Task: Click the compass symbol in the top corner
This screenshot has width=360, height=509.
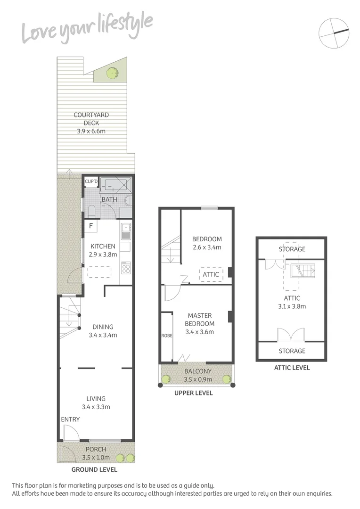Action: [x=334, y=33]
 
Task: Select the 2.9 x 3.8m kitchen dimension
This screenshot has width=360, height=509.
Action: [x=102, y=254]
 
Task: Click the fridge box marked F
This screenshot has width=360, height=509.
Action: [x=91, y=226]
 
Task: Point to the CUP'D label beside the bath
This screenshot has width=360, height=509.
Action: [x=91, y=181]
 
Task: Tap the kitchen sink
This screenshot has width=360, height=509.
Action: [x=126, y=231]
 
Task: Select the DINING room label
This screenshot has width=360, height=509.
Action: [x=103, y=327]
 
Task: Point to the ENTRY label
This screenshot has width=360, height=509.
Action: [x=70, y=419]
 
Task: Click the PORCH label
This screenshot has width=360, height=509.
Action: [x=96, y=449]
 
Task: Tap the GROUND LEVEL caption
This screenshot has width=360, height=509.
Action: [x=94, y=469]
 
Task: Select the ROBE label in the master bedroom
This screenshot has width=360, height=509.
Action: [x=166, y=336]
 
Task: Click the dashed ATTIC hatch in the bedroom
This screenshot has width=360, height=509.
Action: [x=211, y=274]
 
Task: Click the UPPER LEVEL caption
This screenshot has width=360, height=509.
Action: [x=194, y=393]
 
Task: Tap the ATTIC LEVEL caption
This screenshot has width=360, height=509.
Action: [x=292, y=368]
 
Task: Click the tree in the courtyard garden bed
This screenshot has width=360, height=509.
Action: [x=112, y=73]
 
